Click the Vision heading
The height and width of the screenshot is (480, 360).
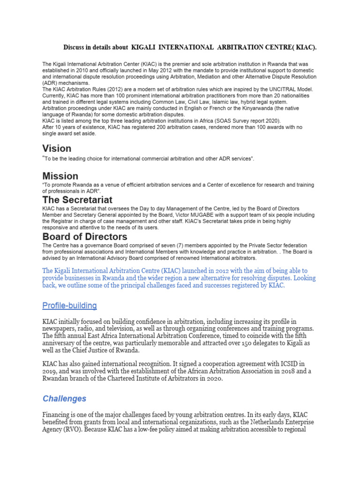click(x=57, y=149)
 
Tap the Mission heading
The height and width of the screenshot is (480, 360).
click(x=60, y=176)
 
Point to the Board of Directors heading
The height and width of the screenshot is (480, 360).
click(x=85, y=237)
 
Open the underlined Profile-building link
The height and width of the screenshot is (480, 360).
click(x=69, y=306)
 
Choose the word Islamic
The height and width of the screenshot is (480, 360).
click(x=212, y=102)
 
